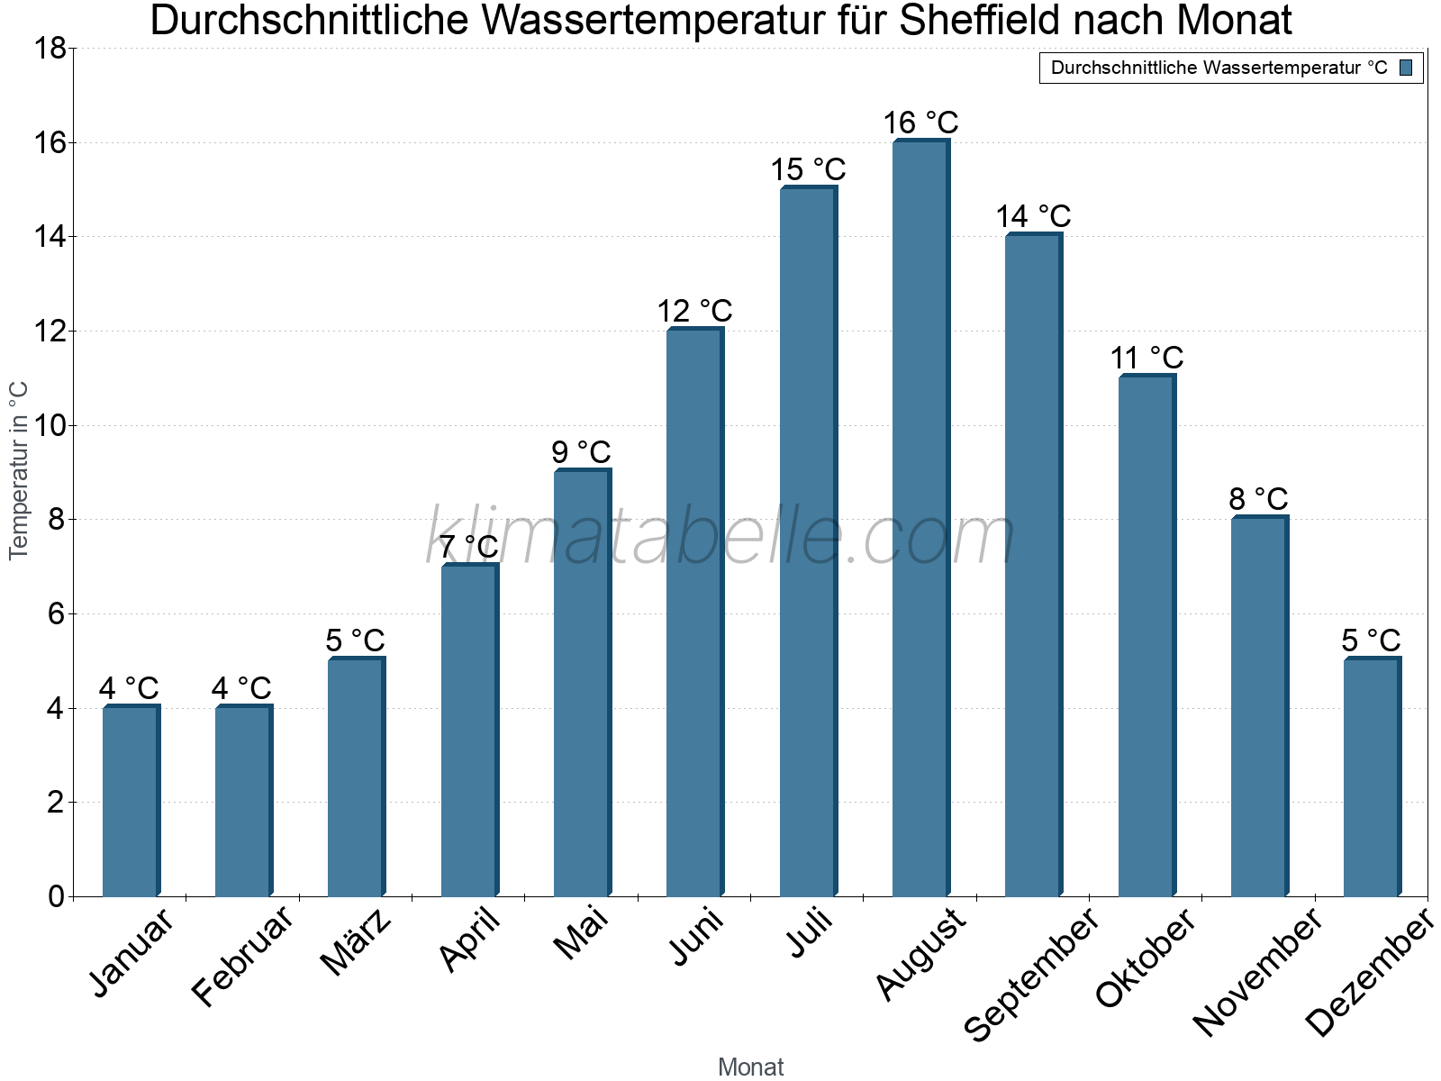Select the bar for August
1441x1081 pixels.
920,518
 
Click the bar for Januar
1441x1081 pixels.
131,801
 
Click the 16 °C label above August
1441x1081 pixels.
920,123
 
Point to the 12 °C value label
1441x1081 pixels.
694,311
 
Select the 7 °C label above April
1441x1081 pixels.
468,546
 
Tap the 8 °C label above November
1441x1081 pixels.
1258,499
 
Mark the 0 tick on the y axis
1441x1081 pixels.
56,896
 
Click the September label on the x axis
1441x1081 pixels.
1031,974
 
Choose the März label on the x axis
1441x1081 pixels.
357,942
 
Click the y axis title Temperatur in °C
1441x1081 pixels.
19,470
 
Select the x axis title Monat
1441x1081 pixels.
750,1067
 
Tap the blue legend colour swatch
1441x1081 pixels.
1406,68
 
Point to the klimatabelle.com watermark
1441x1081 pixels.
720,537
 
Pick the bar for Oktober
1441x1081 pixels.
1146,636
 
